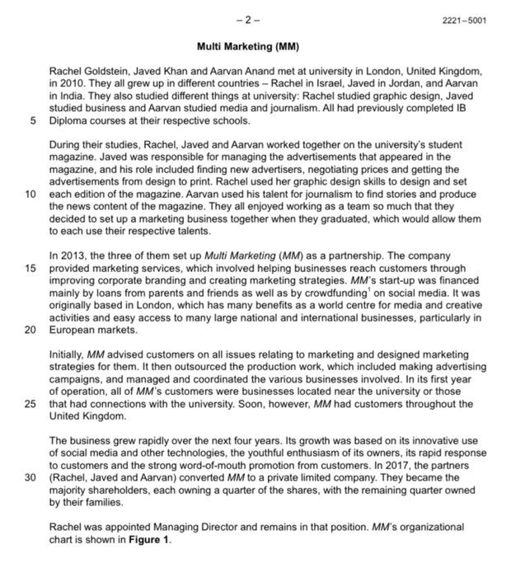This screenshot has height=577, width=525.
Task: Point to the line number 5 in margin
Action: coord(34,120)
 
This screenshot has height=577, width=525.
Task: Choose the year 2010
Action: coord(73,85)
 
